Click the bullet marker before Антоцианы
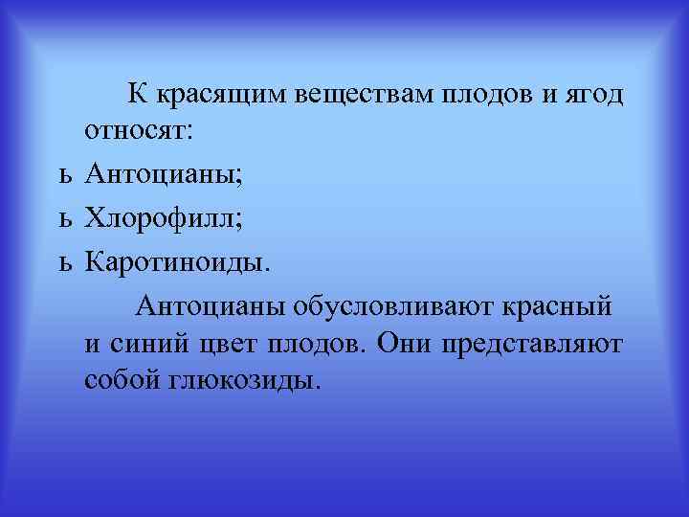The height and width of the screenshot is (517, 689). coord(64,176)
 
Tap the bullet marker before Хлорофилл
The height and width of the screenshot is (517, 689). coord(64,219)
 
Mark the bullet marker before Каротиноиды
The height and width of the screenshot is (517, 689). coord(64,261)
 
